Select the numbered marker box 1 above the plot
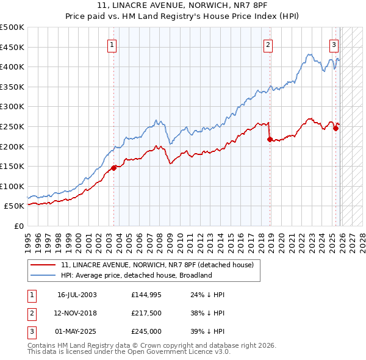pos(113,44)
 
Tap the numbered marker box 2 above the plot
pos(268,44)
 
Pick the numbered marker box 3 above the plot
pos(334,44)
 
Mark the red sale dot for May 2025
pos(335,129)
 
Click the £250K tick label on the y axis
pos(12,126)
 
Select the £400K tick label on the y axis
pos(12,67)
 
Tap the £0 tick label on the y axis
pos(18,226)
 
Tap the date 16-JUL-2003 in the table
pos(77,295)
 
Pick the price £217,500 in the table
pos(146,313)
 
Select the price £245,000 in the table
pos(146,331)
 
